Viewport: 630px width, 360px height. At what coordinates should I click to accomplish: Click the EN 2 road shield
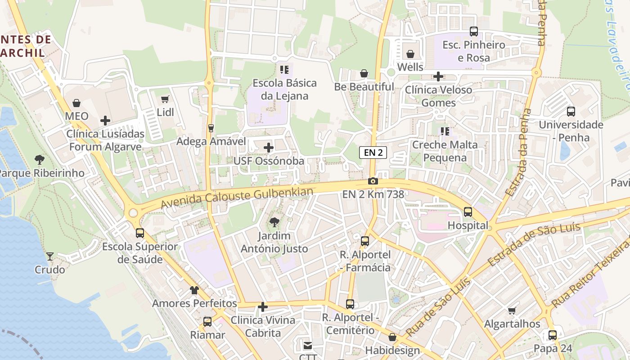[373, 153]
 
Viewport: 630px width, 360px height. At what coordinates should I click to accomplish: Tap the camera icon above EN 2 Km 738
[373, 181]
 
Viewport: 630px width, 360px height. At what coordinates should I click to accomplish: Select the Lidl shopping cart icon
[165, 99]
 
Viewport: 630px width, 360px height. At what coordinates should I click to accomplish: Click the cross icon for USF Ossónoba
[268, 148]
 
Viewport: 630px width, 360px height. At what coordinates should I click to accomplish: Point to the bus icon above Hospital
[468, 211]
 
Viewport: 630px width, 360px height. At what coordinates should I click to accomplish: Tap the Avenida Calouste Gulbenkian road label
[237, 198]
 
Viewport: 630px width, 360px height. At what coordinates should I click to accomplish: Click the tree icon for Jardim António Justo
[274, 222]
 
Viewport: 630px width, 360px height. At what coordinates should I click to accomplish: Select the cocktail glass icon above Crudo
[50, 256]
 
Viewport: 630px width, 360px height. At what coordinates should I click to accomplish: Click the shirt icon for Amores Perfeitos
[194, 290]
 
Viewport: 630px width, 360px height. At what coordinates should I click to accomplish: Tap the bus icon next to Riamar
[207, 322]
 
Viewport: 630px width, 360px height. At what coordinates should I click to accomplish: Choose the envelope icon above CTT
[308, 346]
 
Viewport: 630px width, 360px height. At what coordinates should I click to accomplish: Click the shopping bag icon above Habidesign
[392, 337]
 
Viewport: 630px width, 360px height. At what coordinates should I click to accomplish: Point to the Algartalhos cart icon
[512, 310]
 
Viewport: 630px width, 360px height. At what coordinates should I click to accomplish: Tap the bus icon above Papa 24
[553, 335]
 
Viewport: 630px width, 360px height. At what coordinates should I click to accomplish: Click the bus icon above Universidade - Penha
[571, 111]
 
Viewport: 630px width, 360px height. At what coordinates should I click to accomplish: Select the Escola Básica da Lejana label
[284, 89]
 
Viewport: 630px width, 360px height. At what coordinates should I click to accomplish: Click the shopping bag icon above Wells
[410, 54]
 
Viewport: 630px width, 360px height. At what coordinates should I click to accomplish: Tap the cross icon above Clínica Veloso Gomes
[438, 76]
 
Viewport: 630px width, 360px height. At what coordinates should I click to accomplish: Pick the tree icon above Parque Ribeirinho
[40, 159]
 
